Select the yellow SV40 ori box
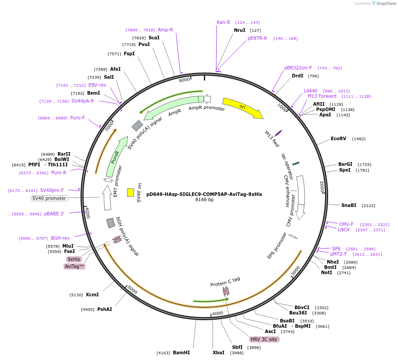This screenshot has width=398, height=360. (130, 192)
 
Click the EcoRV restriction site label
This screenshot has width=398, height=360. (339, 139)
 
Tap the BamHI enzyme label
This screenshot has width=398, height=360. (181, 352)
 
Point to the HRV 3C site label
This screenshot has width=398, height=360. (264, 339)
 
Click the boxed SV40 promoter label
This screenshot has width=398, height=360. (49, 198)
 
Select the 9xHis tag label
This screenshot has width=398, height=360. (74, 259)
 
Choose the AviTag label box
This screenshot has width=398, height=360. (74, 266)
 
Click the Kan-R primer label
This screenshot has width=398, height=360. (223, 22)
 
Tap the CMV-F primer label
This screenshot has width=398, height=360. (346, 224)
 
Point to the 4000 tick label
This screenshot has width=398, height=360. (218, 314)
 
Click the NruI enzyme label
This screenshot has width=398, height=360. (239, 30)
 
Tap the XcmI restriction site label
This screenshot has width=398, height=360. (92, 295)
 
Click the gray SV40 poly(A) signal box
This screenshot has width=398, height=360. (137, 126)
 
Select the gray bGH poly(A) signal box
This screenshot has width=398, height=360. (111, 223)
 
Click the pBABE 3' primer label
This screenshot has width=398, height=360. (54, 214)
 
